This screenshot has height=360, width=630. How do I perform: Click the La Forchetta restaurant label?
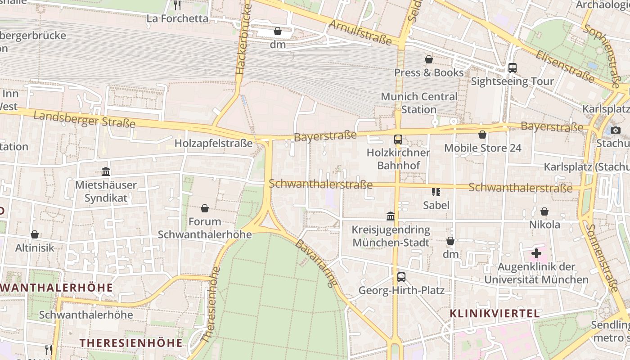point(178,19)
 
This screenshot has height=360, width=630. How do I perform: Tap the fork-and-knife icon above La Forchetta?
point(177,5)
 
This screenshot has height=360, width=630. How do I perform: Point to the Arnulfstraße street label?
point(360,32)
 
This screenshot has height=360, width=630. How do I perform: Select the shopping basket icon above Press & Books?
point(429,59)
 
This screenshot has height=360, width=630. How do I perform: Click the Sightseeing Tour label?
point(512,81)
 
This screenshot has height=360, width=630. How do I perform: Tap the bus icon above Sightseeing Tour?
point(512,68)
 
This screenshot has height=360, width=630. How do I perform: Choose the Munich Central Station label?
point(419,103)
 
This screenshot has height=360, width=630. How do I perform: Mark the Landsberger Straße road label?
point(85,119)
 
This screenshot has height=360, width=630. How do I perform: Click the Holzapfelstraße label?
point(214,144)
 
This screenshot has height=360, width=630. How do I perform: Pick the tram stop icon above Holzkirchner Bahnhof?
point(398,139)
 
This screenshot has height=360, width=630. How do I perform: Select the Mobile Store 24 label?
point(482,148)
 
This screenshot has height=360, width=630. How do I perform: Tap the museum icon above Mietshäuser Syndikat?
point(106,171)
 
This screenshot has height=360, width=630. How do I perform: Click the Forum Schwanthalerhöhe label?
point(205,228)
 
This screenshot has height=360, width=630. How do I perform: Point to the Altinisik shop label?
point(35,248)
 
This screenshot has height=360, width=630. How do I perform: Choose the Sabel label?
point(436,205)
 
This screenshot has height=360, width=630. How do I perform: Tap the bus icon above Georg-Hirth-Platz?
point(401,277)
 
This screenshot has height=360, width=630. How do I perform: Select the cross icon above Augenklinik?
point(536,253)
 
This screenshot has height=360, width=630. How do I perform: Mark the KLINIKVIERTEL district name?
point(495,314)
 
